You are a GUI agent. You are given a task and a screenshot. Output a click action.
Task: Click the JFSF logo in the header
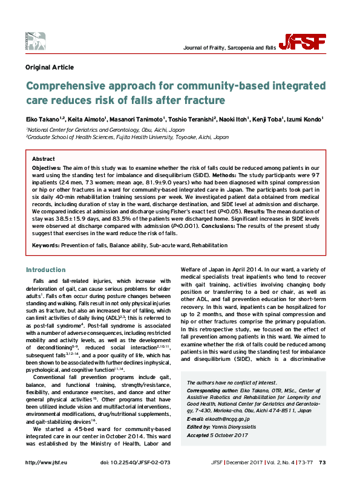[307, 42]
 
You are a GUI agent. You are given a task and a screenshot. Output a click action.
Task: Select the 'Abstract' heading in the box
[43, 158]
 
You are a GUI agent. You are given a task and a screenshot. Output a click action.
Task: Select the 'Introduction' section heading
[46, 270]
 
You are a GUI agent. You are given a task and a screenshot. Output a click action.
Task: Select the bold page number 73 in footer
[322, 462]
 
